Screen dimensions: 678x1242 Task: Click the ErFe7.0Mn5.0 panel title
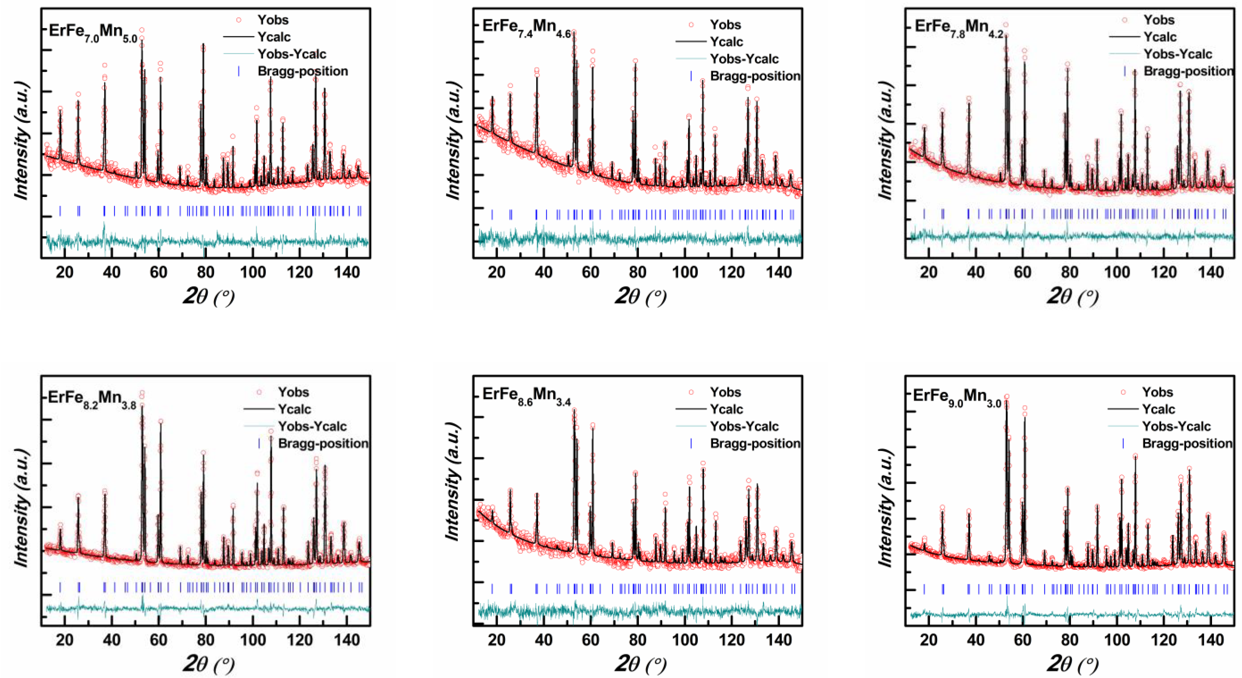pos(93,33)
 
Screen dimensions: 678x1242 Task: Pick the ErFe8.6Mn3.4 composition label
pos(526,396)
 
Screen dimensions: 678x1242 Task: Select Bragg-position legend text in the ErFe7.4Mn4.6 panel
pos(755,76)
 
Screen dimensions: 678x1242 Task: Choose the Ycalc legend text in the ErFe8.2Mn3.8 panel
pos(294,409)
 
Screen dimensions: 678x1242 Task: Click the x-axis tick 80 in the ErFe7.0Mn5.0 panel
pos(205,272)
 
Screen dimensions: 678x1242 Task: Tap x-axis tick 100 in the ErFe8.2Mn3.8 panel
pos(253,640)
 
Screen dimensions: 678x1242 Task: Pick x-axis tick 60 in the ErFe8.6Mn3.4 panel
pos(590,640)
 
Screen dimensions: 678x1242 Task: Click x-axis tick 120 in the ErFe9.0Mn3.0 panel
pos(1164,640)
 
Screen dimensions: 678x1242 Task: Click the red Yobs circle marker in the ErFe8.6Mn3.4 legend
pos(691,392)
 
